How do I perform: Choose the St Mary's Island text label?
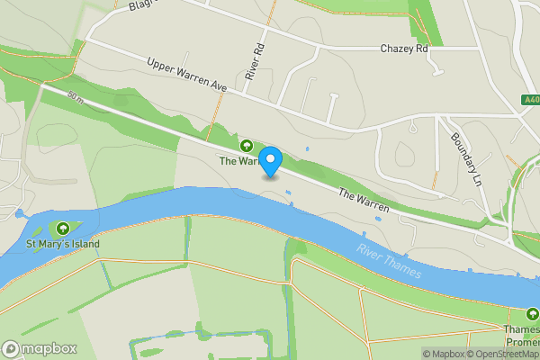tap(63, 244)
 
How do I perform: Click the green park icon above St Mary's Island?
tap(63, 228)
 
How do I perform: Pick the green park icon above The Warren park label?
tap(246, 145)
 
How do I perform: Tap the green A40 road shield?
tap(530, 99)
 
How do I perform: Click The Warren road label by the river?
tap(364, 200)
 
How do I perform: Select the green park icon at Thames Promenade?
tap(532, 315)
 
